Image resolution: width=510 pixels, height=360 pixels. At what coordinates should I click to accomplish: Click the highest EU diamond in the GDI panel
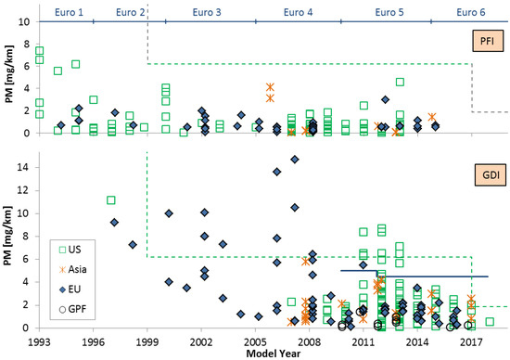294,160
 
